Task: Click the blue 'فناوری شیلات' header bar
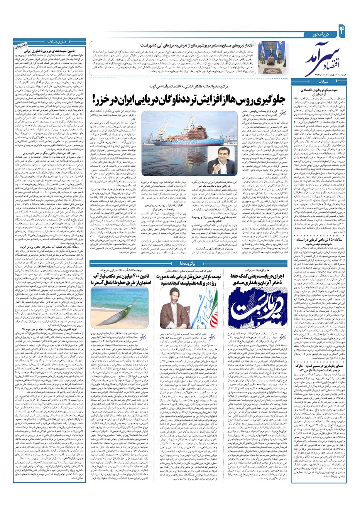coord(50,41)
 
